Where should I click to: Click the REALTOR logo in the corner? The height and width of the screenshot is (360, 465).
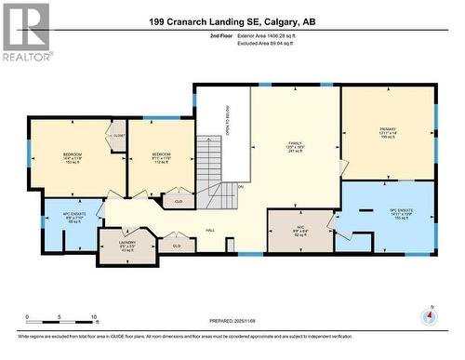click(25, 32)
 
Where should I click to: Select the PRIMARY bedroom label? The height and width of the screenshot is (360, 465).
click(387, 130)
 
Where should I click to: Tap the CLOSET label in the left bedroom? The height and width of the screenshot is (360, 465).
click(118, 136)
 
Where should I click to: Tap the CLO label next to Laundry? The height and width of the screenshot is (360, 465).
click(177, 247)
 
